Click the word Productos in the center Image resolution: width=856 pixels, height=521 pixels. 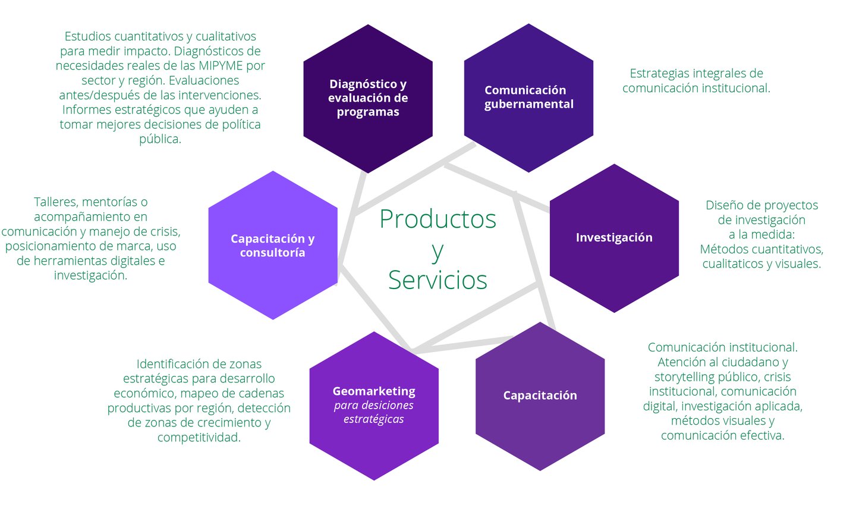click(438, 219)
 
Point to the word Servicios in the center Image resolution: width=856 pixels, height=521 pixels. click(438, 280)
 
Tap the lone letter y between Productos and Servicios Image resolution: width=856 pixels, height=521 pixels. click(438, 251)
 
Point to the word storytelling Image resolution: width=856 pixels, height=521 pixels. click(684, 377)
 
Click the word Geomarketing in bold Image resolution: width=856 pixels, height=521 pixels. click(374, 391)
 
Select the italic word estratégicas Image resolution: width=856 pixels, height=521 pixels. click(374, 419)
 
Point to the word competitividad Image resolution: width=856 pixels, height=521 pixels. click(199, 438)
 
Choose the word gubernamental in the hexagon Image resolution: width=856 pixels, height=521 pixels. click(529, 104)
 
